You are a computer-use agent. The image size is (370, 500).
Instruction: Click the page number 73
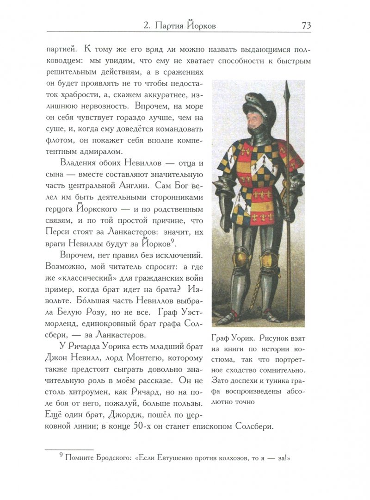tap(306, 25)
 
